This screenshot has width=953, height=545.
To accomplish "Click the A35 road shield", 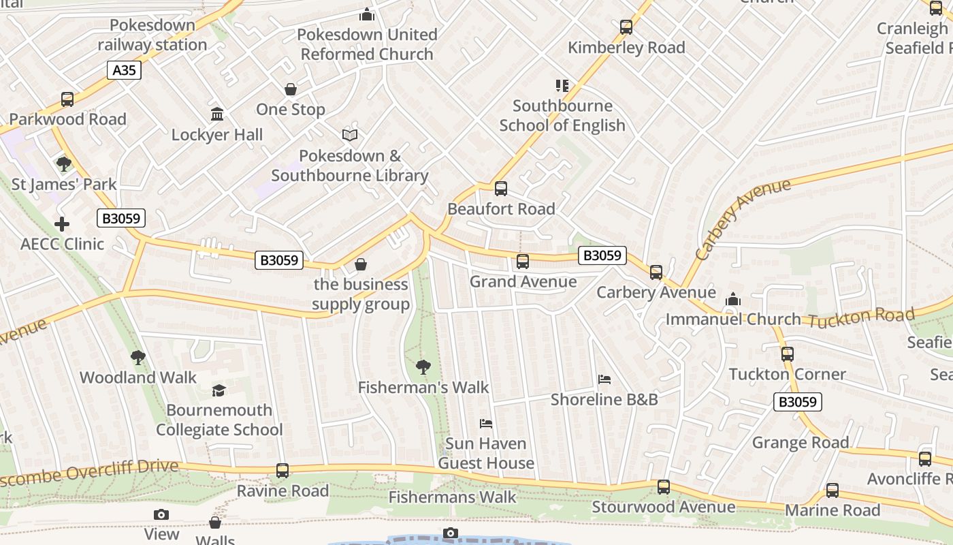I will click(124, 70).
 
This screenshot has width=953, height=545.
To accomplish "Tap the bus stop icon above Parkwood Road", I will click(67, 99).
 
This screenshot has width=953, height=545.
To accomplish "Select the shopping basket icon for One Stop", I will click(291, 90).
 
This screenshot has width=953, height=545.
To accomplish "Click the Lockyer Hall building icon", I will click(217, 114).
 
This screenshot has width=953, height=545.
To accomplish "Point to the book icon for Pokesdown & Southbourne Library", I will click(350, 136).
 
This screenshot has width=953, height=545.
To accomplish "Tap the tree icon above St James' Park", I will click(64, 164).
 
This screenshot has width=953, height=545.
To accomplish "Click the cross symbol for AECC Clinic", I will click(62, 224).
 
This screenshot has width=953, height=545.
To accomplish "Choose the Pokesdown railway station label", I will click(152, 35).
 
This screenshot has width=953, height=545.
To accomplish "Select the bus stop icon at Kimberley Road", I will click(626, 28).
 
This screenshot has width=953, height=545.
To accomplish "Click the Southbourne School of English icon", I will click(562, 86).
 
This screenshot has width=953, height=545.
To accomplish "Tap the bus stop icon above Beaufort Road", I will click(501, 189).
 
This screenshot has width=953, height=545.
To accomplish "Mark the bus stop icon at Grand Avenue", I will click(523, 262).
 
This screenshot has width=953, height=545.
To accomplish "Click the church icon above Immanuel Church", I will click(733, 299).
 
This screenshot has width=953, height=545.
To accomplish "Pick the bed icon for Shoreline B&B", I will click(604, 379).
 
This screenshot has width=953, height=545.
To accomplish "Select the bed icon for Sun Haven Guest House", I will click(486, 424).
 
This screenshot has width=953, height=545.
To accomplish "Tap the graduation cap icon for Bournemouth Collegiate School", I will click(219, 390).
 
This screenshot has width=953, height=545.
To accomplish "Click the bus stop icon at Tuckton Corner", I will click(788, 354).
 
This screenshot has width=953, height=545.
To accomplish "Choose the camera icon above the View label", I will click(161, 514).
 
